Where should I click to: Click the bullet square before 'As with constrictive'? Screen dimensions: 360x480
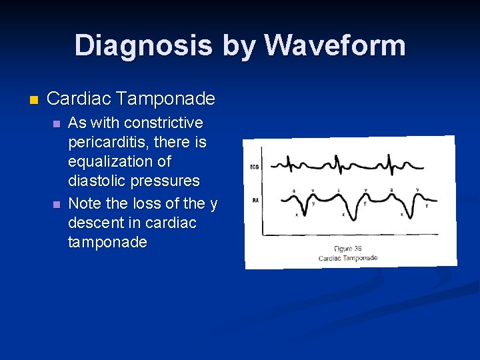pyautogui.click(x=56, y=124)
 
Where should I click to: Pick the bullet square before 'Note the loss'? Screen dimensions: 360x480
pyautogui.click(x=56, y=203)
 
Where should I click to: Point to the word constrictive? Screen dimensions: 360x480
pyautogui.click(x=163, y=123)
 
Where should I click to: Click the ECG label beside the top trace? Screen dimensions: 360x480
pyautogui.click(x=254, y=167)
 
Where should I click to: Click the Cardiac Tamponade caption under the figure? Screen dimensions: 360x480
pyautogui.click(x=348, y=257)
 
